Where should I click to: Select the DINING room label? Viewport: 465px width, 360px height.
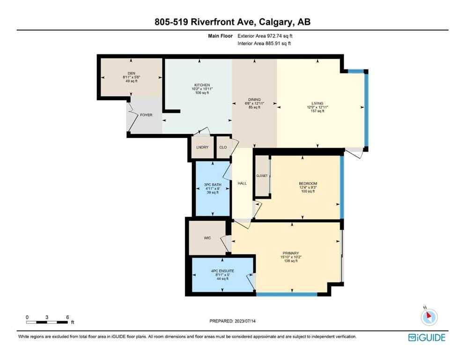pyautogui.click(x=254, y=100)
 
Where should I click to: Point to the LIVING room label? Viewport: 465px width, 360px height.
pyautogui.click(x=317, y=104)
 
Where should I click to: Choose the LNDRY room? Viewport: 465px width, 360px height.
pyautogui.click(x=202, y=148)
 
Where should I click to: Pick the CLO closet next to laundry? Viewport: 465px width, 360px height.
pyautogui.click(x=223, y=148)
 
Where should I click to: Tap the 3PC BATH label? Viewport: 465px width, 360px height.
pyautogui.click(x=212, y=185)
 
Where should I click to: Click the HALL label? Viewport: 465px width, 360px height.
pyautogui.click(x=242, y=184)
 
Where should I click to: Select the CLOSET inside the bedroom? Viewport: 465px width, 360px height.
pyautogui.click(x=262, y=176)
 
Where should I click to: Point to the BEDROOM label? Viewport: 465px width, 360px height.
pyautogui.click(x=308, y=183)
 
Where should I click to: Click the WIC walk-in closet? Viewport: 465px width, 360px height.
pyautogui.click(x=207, y=238)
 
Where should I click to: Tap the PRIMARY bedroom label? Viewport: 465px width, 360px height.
pyautogui.click(x=290, y=254)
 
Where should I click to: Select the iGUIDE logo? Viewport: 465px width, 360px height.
pyautogui.click(x=427, y=337)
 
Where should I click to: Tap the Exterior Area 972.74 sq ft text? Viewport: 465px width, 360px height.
pyautogui.click(x=267, y=36)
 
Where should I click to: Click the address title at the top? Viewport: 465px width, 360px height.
pyautogui.click(x=232, y=22)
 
